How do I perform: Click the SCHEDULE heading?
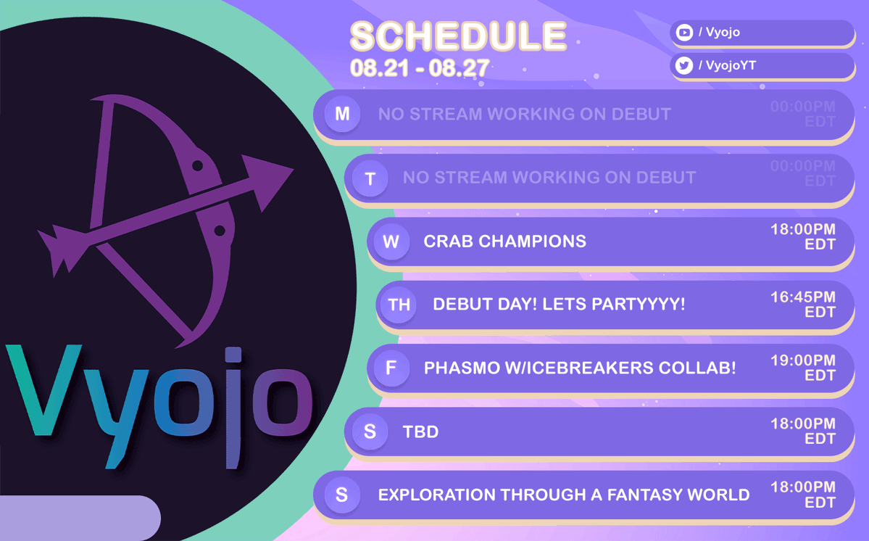(458, 36)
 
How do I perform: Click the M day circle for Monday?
(342, 114)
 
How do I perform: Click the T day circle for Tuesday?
(370, 178)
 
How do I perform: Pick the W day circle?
(391, 241)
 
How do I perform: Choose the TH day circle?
(399, 305)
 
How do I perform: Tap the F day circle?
(391, 368)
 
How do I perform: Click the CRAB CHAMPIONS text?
(504, 241)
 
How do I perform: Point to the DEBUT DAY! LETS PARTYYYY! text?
(559, 305)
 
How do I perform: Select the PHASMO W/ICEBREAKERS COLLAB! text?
(580, 368)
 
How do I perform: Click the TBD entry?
(420, 432)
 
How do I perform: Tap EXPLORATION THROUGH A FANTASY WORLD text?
(563, 495)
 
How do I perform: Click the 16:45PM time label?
(802, 297)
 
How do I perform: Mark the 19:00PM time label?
(802, 360)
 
